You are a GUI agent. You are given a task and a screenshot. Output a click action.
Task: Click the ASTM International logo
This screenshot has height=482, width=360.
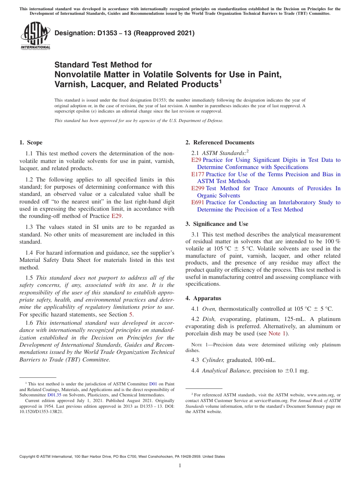click(35, 36)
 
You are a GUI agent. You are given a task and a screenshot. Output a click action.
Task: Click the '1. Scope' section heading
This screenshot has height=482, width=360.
click(31, 142)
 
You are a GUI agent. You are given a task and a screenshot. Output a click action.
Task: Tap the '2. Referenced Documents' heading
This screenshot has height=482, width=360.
click(220, 142)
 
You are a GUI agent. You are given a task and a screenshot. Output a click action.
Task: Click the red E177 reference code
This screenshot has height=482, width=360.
click(198, 174)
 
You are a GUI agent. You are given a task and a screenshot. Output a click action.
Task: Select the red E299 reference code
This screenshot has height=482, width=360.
click(198, 188)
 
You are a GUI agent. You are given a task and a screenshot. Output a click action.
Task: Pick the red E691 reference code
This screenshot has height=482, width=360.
click(198, 202)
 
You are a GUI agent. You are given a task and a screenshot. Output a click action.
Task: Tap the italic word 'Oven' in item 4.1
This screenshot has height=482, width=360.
click(209, 309)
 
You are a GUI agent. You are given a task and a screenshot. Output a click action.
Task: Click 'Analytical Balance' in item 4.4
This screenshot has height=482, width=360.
click(226, 371)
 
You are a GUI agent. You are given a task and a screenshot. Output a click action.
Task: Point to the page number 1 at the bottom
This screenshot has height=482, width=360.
click(180, 465)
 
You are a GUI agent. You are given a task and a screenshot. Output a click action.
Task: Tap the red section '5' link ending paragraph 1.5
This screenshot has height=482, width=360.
click(131, 315)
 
